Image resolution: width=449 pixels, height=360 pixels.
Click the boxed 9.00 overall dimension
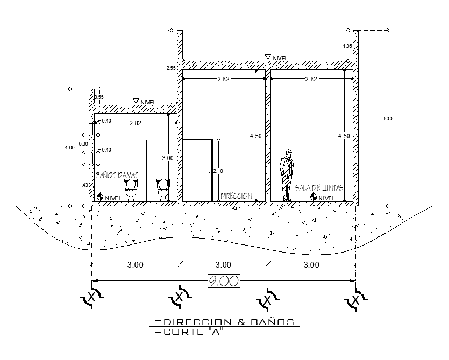click(223, 280)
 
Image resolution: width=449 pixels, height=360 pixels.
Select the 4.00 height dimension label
click(66, 147)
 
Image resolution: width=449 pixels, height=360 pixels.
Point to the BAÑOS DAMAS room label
click(117, 175)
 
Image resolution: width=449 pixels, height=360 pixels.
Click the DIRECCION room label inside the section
click(236, 196)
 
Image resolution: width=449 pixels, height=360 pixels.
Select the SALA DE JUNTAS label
click(319, 188)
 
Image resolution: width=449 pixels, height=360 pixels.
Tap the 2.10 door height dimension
click(218, 171)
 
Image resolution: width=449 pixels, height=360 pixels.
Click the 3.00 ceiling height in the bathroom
click(168, 158)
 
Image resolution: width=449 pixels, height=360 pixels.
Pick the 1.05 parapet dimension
click(347, 46)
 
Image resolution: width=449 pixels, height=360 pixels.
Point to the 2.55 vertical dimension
click(171, 68)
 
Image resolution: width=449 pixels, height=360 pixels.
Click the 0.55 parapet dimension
click(99, 97)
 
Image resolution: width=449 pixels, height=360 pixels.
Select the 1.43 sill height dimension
click(83, 185)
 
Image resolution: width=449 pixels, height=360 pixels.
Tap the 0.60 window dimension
click(83, 143)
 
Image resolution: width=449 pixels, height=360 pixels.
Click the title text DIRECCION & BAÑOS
click(229, 322)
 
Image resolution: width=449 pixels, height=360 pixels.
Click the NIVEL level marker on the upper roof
click(275, 57)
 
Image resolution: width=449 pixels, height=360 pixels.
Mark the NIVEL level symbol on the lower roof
click(144, 102)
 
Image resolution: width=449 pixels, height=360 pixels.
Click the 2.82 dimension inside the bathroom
click(135, 123)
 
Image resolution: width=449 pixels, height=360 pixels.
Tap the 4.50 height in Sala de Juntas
click(344, 136)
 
